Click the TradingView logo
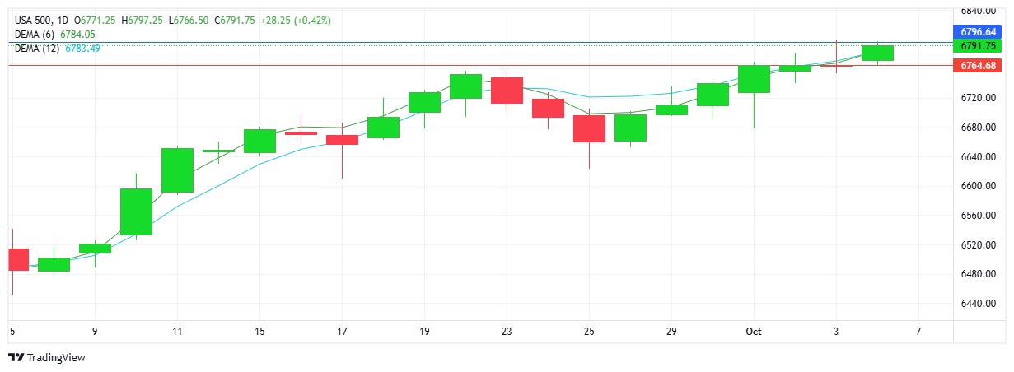[x=46, y=357]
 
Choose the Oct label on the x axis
[x=754, y=331]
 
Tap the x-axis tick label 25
[x=589, y=331]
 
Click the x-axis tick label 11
[x=177, y=331]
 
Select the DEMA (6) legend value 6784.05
[x=77, y=35]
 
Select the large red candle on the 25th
[x=589, y=128]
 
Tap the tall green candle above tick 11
[x=177, y=170]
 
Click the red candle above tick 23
[x=507, y=90]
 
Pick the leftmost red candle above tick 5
[x=18, y=259]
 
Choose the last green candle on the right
[x=877, y=53]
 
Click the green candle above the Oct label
[x=754, y=78]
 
